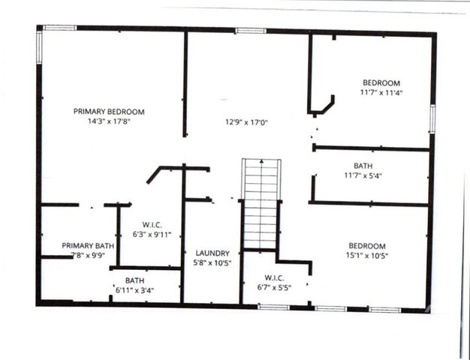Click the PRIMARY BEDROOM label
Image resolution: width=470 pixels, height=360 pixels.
coord(109,112)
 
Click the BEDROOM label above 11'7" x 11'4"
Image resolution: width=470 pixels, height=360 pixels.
coord(381,83)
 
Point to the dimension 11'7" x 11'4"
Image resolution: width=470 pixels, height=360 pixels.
coord(381,93)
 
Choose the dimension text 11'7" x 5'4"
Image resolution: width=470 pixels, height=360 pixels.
coord(363,176)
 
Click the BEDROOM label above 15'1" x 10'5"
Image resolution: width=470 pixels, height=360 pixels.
coord(366,246)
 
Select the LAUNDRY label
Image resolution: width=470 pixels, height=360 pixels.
coord(212,253)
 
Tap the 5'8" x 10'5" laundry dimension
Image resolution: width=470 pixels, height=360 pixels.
coord(212,263)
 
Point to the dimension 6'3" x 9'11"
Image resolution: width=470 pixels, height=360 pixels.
coord(152,235)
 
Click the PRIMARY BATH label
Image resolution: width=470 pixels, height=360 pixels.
coord(88,246)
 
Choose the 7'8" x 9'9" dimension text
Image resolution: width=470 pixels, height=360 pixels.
coord(88,255)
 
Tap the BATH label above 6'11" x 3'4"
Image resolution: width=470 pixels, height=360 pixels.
coord(135,280)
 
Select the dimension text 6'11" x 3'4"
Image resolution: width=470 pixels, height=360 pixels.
coord(135,290)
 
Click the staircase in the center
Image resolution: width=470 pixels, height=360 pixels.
coord(261,202)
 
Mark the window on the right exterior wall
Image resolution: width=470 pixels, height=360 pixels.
coord(432,119)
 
